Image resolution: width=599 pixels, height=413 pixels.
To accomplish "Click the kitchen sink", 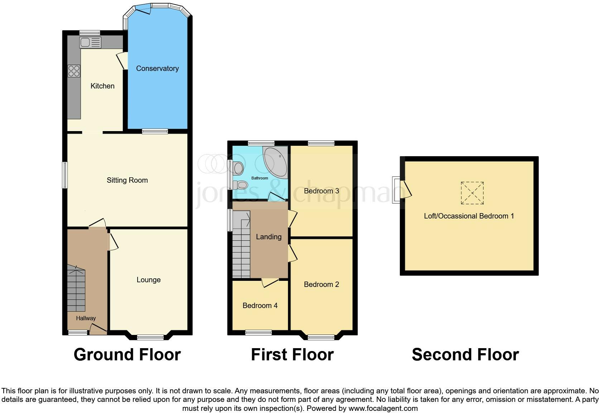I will click(x=90, y=43).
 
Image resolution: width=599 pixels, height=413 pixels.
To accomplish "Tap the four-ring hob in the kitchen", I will click(x=74, y=71).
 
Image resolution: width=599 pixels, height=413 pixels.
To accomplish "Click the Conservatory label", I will click(x=157, y=68).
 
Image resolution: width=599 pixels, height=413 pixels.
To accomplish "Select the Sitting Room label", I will click(x=127, y=180).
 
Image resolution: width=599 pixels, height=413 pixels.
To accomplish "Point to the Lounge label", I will click(x=148, y=280).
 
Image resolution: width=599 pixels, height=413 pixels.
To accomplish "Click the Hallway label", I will click(x=86, y=318).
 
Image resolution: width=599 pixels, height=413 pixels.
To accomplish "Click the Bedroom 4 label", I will click(x=260, y=306).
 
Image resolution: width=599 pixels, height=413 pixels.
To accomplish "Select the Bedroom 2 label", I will click(x=321, y=284).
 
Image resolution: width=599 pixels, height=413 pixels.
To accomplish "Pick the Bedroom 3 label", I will click(x=321, y=191).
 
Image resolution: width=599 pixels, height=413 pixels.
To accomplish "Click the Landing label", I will click(x=268, y=237).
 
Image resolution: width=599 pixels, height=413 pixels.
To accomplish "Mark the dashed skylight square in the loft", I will click(x=472, y=193).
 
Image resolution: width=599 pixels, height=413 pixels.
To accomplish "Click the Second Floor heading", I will click(x=465, y=355).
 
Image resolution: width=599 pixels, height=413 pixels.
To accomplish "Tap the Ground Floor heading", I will click(x=127, y=355).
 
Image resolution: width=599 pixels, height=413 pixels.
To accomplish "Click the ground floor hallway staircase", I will click(x=76, y=289).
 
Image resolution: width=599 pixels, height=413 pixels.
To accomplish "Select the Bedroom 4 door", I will click(x=270, y=282).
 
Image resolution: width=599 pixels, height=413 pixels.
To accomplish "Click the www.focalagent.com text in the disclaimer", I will click(x=383, y=408).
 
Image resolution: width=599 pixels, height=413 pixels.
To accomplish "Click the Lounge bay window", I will click(x=150, y=337).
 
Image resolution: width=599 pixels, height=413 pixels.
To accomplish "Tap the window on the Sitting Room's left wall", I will click(x=65, y=175).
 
